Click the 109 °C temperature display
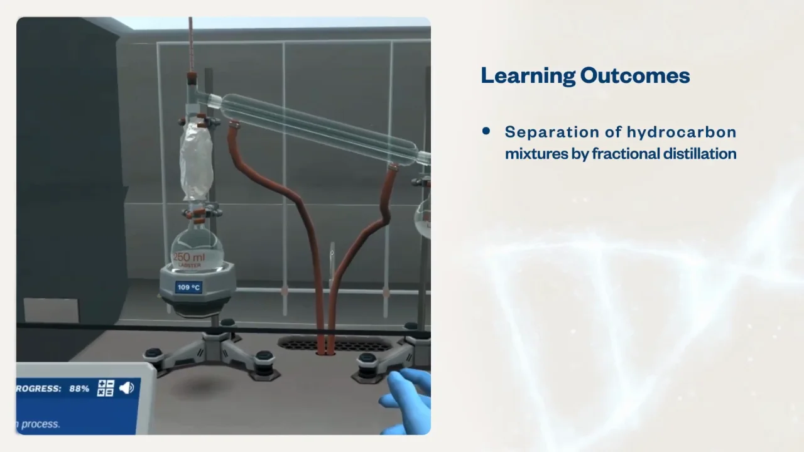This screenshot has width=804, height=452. click(x=188, y=288)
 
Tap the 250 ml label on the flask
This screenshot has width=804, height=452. click(x=189, y=257)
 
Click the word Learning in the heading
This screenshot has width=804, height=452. click(x=527, y=76)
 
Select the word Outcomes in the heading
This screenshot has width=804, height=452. click(x=635, y=76)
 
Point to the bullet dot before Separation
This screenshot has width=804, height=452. click(x=486, y=131)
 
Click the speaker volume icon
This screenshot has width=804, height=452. click(x=126, y=388)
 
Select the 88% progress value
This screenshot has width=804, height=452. click(x=79, y=389)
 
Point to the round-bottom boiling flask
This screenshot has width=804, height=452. click(x=197, y=248)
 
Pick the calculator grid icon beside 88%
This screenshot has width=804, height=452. click(x=106, y=388)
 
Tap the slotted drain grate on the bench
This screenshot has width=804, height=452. click(x=334, y=343)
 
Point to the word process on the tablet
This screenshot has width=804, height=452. click(x=41, y=424)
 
